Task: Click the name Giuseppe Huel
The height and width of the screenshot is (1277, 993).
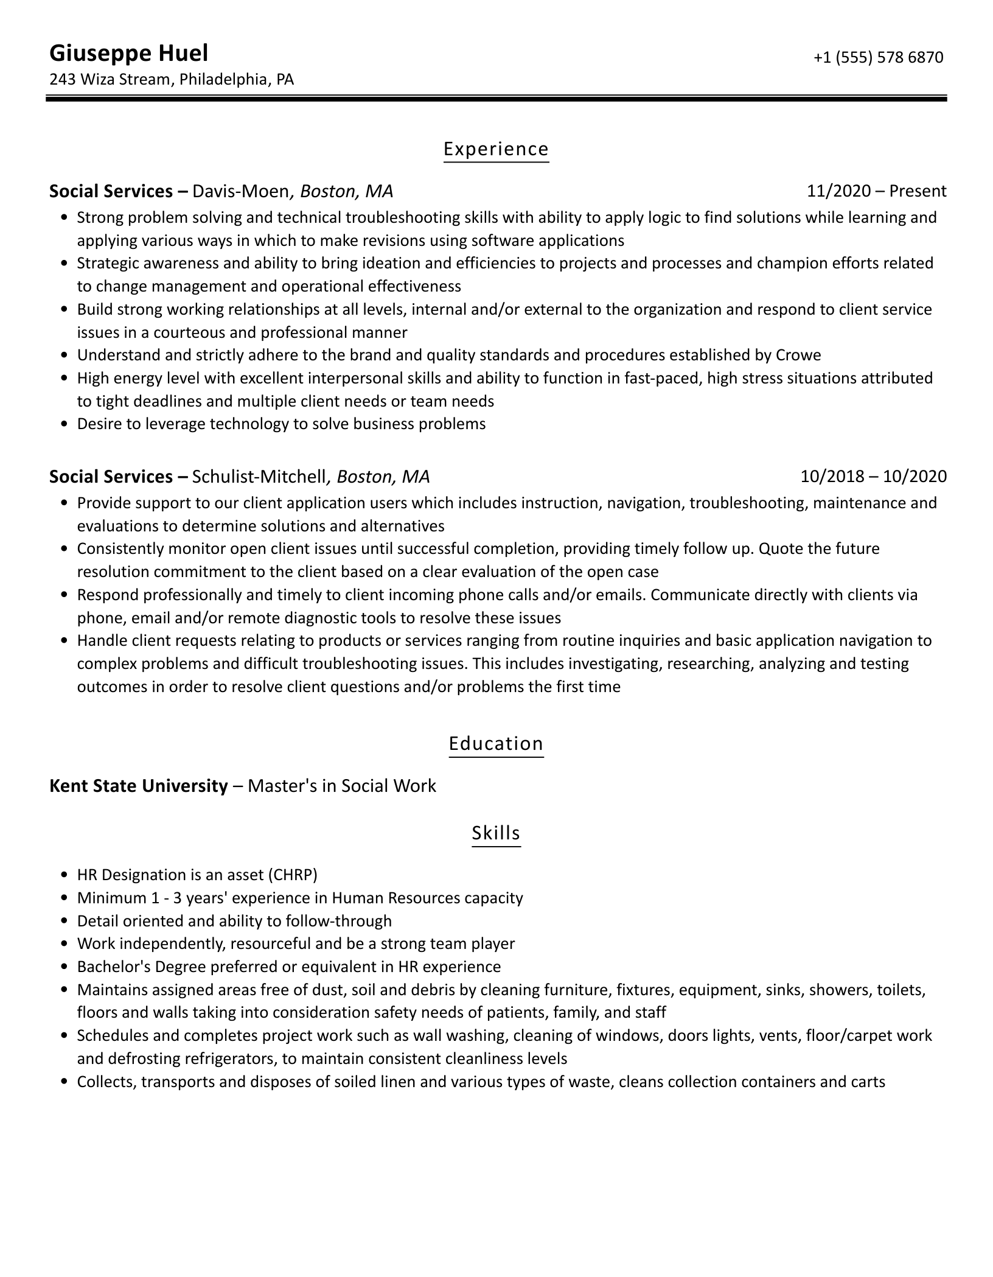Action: click(x=128, y=54)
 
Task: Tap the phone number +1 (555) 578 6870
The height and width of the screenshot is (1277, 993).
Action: click(x=878, y=57)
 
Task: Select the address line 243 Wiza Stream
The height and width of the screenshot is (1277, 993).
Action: click(x=110, y=79)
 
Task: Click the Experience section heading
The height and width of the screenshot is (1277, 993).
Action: click(x=496, y=149)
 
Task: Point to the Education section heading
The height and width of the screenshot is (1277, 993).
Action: click(x=496, y=744)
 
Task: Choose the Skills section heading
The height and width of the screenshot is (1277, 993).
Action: click(x=496, y=833)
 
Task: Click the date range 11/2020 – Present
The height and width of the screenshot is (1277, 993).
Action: click(x=876, y=191)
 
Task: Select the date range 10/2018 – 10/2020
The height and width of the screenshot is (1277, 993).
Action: click(x=873, y=476)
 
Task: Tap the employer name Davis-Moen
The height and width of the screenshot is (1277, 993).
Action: click(x=240, y=191)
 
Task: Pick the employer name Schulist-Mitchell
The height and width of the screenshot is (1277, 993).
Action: click(x=259, y=476)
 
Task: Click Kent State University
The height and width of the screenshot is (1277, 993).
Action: click(x=138, y=786)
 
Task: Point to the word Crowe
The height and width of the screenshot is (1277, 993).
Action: click(x=798, y=355)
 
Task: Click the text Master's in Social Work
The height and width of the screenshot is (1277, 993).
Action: click(x=342, y=786)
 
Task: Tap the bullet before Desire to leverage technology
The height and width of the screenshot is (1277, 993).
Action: click(x=64, y=424)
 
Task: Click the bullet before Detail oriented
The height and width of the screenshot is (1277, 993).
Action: click(x=64, y=921)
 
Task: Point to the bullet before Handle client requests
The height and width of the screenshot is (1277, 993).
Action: click(x=64, y=641)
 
